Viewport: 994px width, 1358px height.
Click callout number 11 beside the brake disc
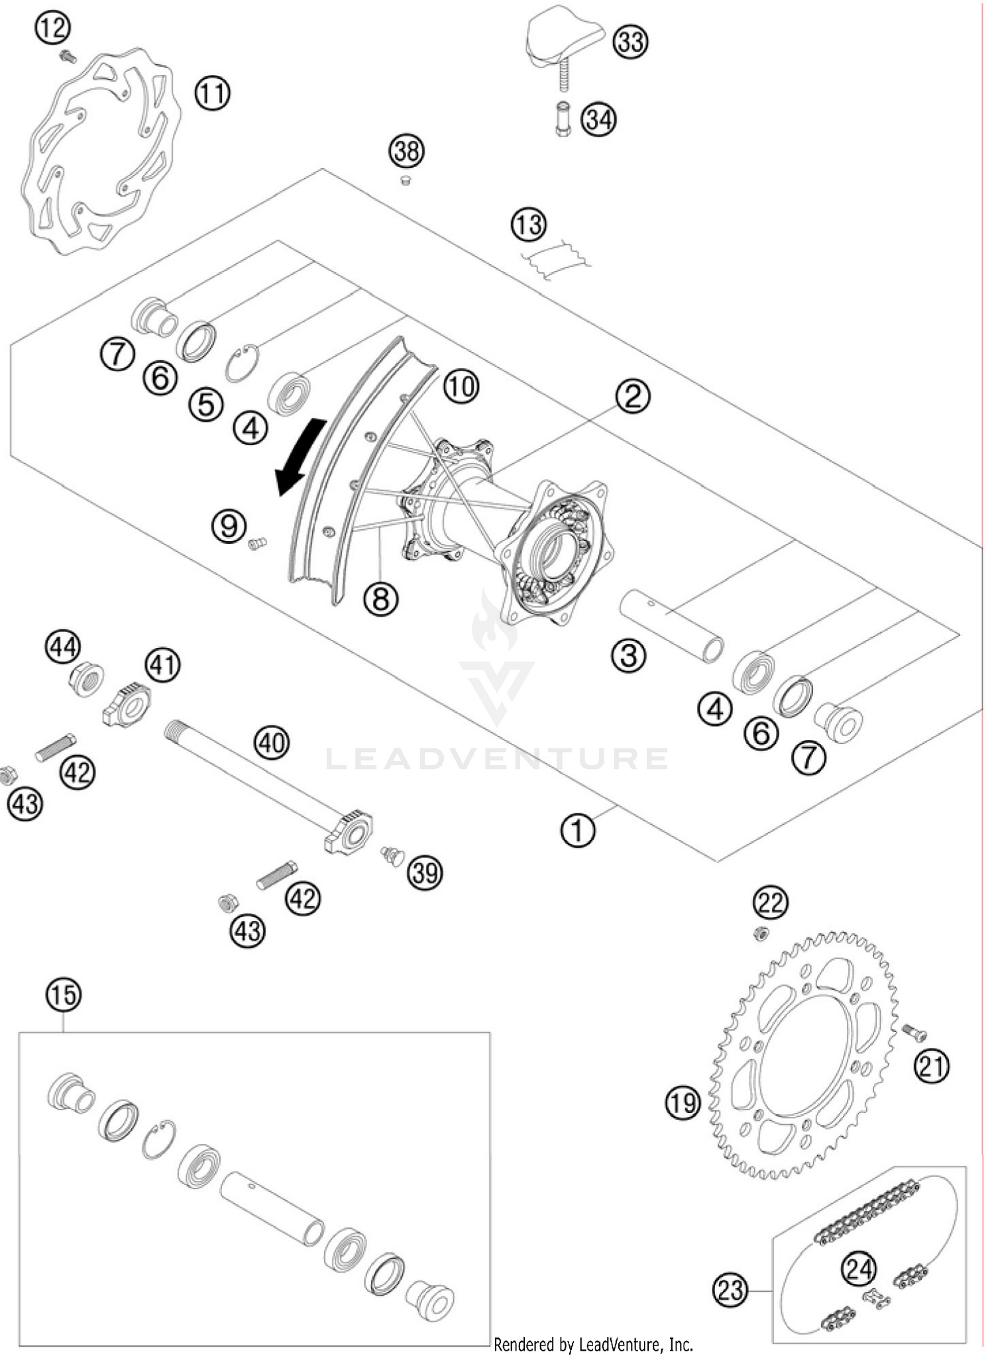pyautogui.click(x=212, y=93)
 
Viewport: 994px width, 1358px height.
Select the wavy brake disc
pyautogui.click(x=99, y=152)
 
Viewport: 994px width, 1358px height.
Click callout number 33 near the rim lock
pyautogui.click(x=630, y=42)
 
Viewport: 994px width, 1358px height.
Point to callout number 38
pyautogui.click(x=406, y=152)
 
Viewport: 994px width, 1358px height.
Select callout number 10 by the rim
pyautogui.click(x=461, y=386)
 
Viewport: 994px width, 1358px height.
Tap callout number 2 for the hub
pyautogui.click(x=632, y=397)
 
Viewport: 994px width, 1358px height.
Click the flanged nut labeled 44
pyautogui.click(x=86, y=679)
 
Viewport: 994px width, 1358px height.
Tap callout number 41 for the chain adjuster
pyautogui.click(x=163, y=664)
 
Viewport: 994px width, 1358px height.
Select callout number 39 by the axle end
pyautogui.click(x=425, y=873)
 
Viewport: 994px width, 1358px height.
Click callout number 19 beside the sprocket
pyautogui.click(x=683, y=1103)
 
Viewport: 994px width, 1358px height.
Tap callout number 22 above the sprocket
pyautogui.click(x=771, y=902)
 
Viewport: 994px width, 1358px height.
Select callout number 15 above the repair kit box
pyautogui.click(x=64, y=995)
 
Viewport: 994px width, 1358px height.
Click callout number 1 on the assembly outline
pyautogui.click(x=577, y=831)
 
